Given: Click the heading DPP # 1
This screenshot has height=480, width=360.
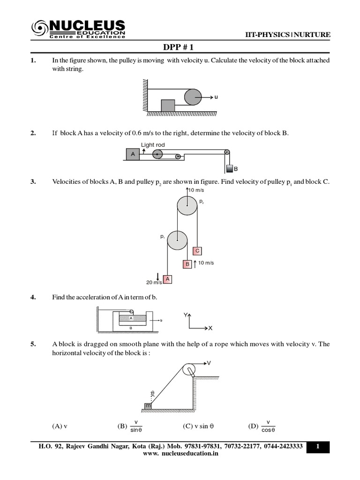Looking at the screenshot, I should [x=180, y=47].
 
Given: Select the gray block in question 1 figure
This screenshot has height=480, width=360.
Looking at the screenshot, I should [x=168, y=105].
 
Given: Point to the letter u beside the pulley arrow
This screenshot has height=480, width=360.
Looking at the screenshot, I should [x=216, y=97].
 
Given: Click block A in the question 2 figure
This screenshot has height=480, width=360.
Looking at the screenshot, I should [x=133, y=154].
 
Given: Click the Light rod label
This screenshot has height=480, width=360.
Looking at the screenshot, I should [x=152, y=145].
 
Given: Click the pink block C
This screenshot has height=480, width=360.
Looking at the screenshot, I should [x=197, y=251].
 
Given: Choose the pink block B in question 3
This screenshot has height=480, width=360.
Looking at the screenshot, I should [x=187, y=264].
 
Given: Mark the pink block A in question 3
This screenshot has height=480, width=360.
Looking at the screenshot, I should [x=167, y=279].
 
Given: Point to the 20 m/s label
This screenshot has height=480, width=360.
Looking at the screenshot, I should [x=154, y=282].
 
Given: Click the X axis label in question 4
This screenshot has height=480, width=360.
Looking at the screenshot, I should [x=210, y=328].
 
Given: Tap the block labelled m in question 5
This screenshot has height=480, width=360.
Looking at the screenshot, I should [x=148, y=405].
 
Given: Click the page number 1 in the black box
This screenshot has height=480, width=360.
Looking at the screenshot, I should [x=318, y=447].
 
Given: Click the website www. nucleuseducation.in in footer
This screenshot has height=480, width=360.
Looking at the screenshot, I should [x=180, y=454].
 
